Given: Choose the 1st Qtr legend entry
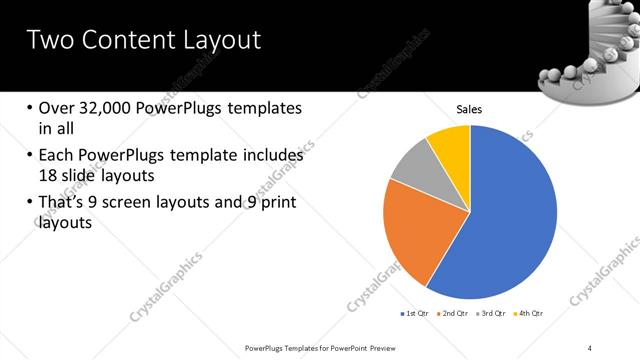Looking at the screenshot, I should [x=415, y=313].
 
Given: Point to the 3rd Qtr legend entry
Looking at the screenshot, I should [x=491, y=313].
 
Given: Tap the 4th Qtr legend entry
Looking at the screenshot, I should [x=529, y=313].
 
